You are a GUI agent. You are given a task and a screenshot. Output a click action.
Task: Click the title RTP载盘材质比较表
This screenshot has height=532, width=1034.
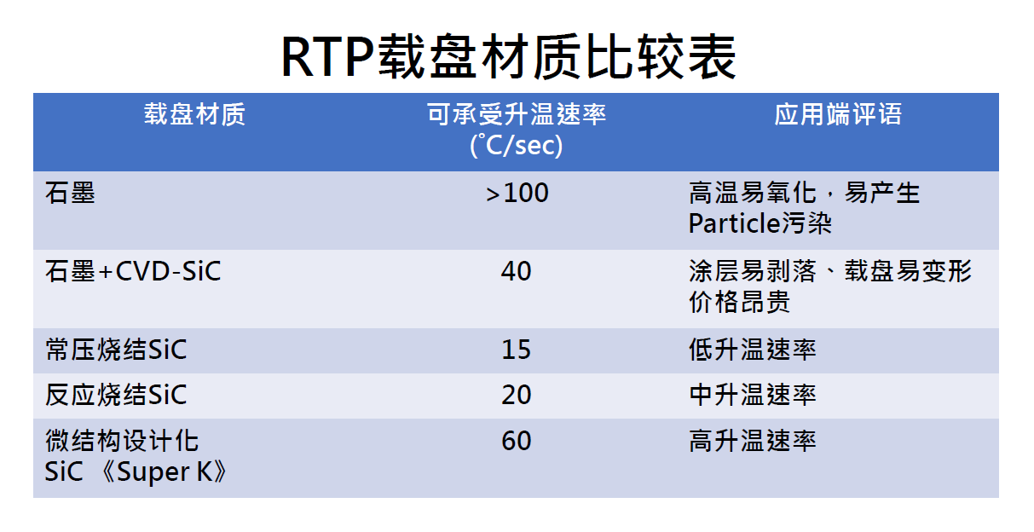tap(508, 57)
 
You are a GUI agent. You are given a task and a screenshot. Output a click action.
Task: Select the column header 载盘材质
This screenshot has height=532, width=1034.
tap(194, 114)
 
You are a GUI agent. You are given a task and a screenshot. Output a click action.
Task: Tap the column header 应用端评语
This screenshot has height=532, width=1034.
tap(838, 114)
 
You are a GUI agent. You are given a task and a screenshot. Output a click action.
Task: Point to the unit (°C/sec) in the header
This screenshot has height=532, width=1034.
tap(516, 146)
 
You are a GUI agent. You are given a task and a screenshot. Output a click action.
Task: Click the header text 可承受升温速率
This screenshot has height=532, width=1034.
tap(516, 114)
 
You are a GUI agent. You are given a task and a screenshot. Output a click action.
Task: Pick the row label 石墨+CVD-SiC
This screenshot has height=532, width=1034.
tap(133, 270)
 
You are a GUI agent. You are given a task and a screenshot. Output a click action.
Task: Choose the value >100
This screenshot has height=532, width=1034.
tap(517, 193)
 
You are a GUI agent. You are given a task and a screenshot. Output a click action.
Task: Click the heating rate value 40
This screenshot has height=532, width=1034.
tap(516, 271)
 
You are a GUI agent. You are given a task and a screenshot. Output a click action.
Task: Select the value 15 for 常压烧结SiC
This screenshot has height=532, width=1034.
tap(516, 350)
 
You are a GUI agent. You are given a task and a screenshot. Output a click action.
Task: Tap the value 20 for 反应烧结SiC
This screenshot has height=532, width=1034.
tap(516, 395)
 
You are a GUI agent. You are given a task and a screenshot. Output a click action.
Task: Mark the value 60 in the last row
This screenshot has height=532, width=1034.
tap(516, 441)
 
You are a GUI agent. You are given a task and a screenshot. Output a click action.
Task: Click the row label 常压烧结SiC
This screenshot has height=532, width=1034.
tap(116, 350)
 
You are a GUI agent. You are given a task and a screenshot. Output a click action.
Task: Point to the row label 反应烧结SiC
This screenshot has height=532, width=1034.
tap(116, 395)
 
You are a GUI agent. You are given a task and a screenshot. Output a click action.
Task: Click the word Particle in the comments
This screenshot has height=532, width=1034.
tap(734, 223)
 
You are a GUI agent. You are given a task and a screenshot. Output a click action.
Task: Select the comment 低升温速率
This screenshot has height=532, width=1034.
tap(753, 350)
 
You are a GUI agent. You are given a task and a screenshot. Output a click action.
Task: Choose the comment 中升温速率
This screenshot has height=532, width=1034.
tap(753, 395)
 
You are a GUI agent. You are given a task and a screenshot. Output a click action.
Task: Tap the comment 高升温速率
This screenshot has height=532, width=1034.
tap(753, 441)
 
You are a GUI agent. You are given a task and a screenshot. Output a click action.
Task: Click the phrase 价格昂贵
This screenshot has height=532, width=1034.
tap(740, 302)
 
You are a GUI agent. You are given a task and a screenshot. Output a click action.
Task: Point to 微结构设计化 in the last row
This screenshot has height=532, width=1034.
tap(122, 441)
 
